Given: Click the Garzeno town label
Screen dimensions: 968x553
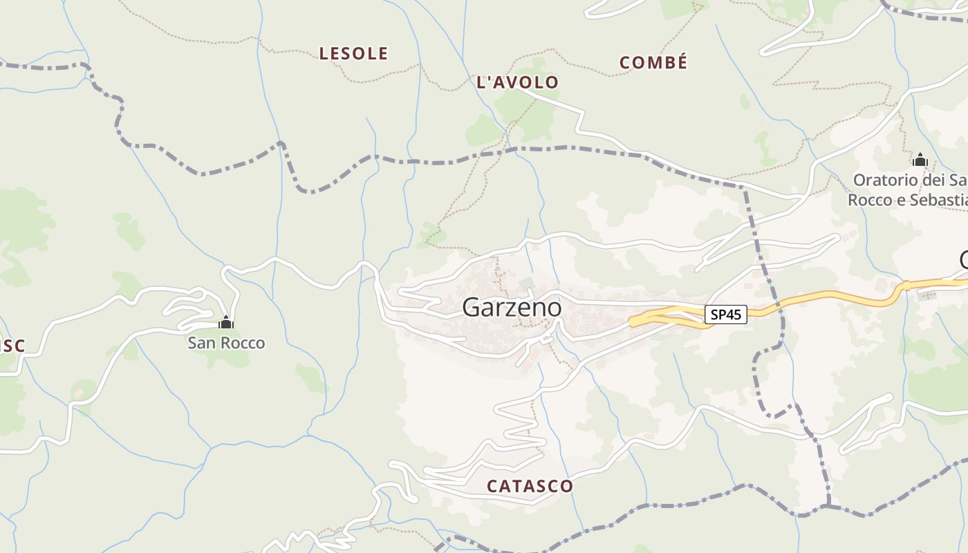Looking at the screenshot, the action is pyautogui.click(x=512, y=308).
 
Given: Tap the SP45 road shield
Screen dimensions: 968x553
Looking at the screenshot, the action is pyautogui.click(x=726, y=315).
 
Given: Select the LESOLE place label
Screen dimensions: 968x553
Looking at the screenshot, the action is pyautogui.click(x=353, y=53).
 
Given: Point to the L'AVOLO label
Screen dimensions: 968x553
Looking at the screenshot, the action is pyautogui.click(x=517, y=82).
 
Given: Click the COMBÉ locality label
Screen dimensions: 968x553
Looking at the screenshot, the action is pyautogui.click(x=653, y=63).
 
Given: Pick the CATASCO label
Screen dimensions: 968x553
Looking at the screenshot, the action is pyautogui.click(x=530, y=486).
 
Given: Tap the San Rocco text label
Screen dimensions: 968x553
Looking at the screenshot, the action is pyautogui.click(x=226, y=343).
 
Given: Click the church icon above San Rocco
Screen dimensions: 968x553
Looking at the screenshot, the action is pyautogui.click(x=226, y=322).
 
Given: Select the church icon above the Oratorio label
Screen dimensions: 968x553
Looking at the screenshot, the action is pyautogui.click(x=920, y=160).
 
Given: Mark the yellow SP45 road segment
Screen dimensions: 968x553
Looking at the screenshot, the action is pyautogui.click(x=830, y=299).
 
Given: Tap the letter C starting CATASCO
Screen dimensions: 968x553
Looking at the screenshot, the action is pyautogui.click(x=492, y=486).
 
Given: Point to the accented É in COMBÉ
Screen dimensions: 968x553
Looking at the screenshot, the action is pyautogui.click(x=682, y=62).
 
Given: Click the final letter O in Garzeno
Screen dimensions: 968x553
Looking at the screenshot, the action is pyautogui.click(x=554, y=308).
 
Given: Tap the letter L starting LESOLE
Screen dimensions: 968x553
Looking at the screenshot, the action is pyautogui.click(x=324, y=53).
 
